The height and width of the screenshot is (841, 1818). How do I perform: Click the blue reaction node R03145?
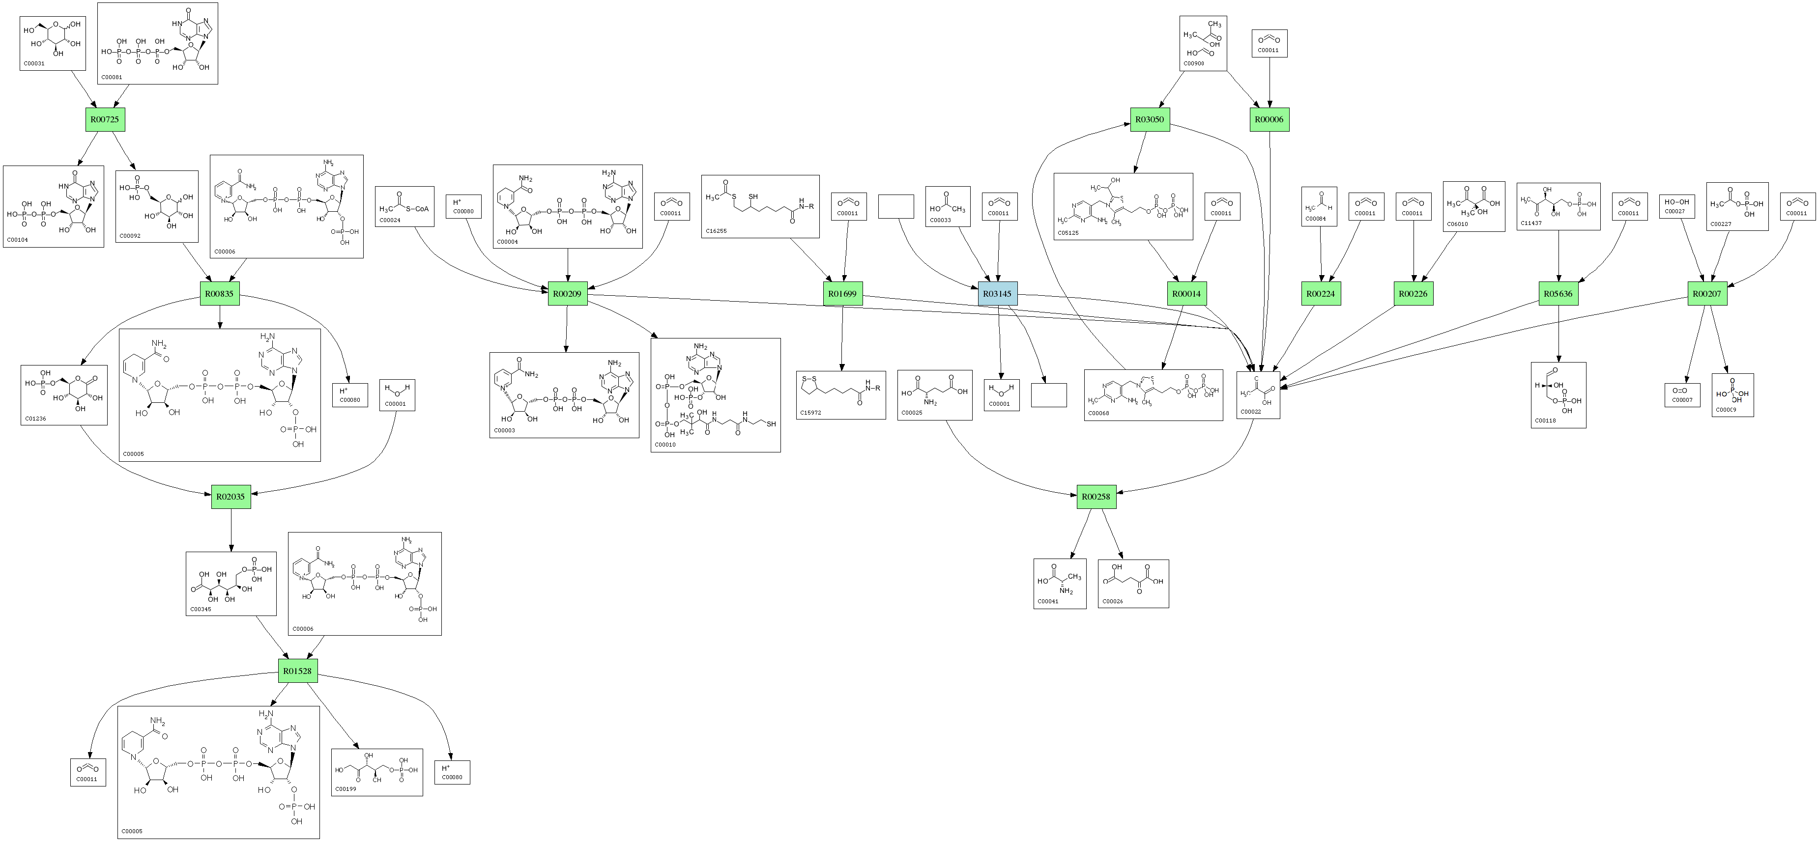tap(997, 293)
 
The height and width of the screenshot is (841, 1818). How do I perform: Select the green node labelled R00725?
tap(105, 119)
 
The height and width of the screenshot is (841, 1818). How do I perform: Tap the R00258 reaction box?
tap(1096, 497)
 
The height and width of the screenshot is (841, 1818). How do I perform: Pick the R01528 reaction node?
tap(297, 671)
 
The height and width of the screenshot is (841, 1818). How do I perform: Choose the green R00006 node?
tap(1269, 119)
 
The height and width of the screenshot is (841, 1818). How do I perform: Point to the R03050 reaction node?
tap(1149, 119)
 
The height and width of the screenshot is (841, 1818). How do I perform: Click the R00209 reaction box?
tap(568, 293)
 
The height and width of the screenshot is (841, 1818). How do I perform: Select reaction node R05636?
tap(1558, 293)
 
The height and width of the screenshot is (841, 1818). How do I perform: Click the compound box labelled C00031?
tap(54, 43)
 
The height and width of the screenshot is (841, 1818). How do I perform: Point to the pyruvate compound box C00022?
tap(1258, 395)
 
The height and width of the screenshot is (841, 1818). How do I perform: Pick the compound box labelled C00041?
tap(1059, 584)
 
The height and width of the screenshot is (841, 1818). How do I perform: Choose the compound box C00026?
tap(1133, 584)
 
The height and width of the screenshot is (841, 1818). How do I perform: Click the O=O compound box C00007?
tap(1682, 395)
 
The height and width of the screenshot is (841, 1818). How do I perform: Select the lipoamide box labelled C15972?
tap(840, 395)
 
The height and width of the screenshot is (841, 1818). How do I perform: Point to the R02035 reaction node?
tap(231, 497)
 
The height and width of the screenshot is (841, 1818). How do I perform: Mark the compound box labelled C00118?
tap(1558, 395)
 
